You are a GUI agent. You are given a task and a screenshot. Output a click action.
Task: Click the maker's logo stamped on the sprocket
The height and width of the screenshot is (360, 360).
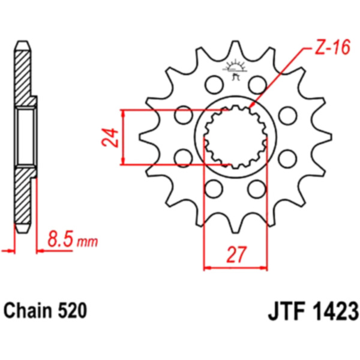click(x=234, y=71)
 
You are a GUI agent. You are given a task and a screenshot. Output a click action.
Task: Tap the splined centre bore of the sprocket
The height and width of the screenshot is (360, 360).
click(x=235, y=136)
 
